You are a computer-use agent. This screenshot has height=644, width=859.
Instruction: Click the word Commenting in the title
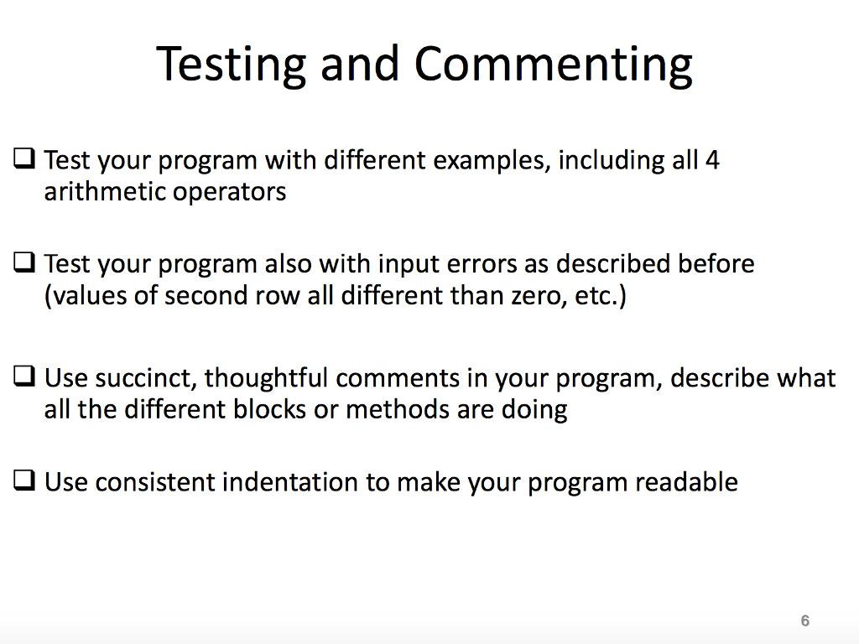point(554,65)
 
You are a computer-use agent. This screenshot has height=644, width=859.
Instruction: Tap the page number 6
point(805,621)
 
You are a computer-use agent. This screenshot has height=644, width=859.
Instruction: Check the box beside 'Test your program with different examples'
point(24,158)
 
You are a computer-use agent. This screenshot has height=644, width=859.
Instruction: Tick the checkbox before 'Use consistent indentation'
point(24,480)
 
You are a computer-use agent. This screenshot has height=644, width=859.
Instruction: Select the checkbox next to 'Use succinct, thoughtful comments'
point(24,377)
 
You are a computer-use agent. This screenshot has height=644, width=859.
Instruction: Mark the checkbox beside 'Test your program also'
point(24,262)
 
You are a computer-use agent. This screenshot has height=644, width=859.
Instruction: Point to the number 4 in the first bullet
point(711,159)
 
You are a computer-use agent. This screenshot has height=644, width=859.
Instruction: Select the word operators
point(229,192)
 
